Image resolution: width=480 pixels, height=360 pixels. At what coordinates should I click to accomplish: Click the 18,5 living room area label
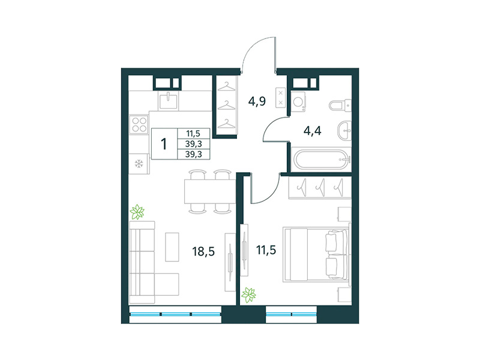(203, 251)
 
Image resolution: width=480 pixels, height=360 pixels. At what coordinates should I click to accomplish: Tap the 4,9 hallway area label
(257, 100)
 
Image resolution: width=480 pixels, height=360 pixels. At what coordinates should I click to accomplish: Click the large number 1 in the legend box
(164, 144)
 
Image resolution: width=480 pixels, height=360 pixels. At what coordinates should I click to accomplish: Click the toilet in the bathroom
(339, 106)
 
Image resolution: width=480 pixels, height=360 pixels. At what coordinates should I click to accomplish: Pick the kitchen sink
(169, 100)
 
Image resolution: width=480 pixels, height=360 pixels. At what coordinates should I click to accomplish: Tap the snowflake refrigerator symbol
(139, 163)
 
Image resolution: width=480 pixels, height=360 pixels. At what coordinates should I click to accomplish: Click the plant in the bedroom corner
(248, 295)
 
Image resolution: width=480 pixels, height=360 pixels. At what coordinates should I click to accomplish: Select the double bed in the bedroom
(316, 253)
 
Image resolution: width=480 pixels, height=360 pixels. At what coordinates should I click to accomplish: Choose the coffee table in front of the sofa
(172, 246)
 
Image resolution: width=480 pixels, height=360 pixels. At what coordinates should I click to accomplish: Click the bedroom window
(291, 314)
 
